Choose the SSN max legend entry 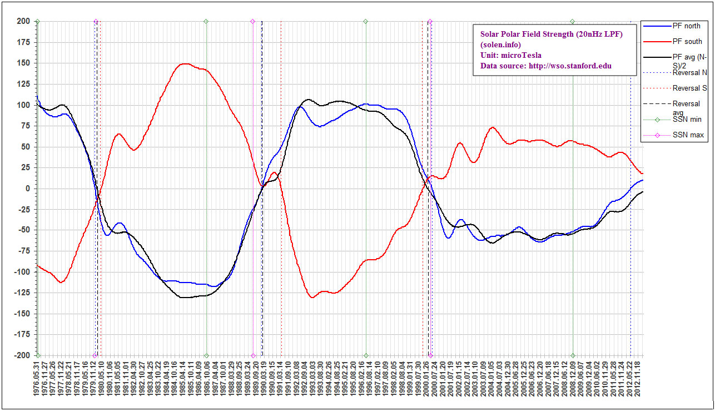687,135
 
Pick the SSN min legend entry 686,120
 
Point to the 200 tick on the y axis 23,21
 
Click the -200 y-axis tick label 22,355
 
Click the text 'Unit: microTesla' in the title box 510,55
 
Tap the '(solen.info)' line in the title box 501,44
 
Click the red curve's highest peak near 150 186,63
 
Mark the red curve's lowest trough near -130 312,298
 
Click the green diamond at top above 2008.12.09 572,21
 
